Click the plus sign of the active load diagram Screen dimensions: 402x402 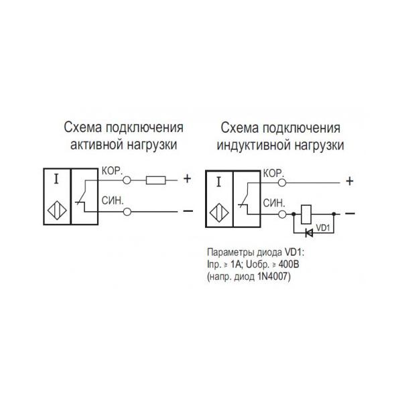click(x=187, y=179)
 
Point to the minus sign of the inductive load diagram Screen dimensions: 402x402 click(x=349, y=213)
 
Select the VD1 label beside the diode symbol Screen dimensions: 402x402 click(x=323, y=228)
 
